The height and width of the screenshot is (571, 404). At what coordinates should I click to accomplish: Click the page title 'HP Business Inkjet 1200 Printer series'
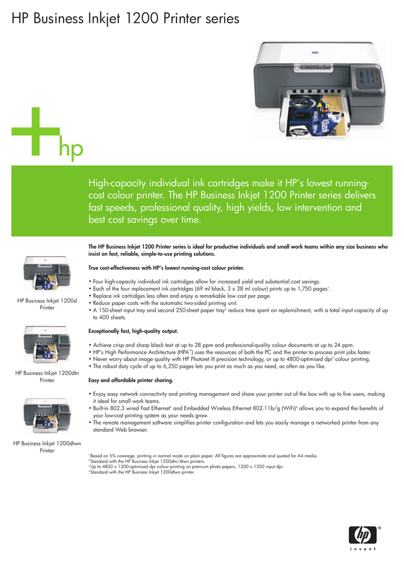(x=126, y=19)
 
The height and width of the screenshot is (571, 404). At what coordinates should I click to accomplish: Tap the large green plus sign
(x=36, y=132)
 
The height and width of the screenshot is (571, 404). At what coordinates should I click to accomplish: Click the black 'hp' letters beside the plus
(x=71, y=149)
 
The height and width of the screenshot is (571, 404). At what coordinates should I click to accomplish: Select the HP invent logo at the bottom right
(x=363, y=538)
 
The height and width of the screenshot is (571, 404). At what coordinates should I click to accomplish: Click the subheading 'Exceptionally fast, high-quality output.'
(x=133, y=331)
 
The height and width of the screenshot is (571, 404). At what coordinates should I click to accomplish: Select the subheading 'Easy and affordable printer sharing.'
(x=131, y=380)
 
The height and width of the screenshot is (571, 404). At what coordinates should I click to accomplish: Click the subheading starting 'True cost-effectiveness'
(x=166, y=268)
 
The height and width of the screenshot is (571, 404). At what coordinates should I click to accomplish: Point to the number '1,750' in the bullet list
(x=308, y=289)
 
